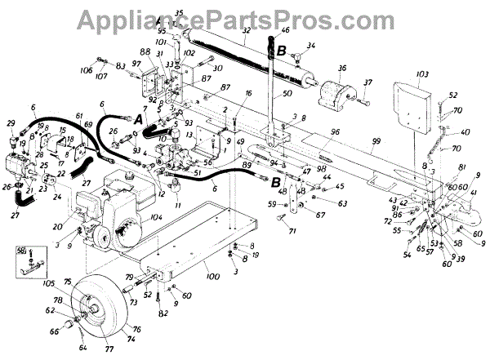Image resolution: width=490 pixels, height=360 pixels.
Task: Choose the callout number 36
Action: point(341,68)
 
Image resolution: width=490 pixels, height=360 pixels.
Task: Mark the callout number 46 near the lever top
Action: point(285,29)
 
